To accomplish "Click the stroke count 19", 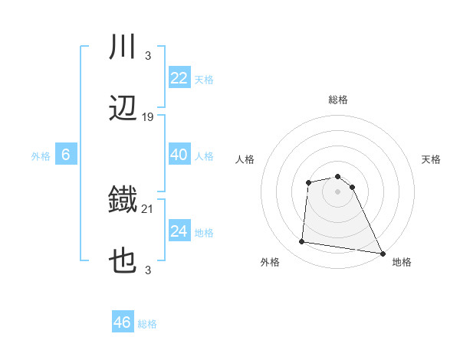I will (x=148, y=117).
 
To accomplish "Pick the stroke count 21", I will (x=148, y=208).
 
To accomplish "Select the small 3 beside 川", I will (x=147, y=55).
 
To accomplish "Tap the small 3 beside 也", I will (x=147, y=270).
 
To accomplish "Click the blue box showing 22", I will (x=179, y=78).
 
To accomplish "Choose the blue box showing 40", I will (x=179, y=155).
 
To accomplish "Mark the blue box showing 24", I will (x=179, y=231).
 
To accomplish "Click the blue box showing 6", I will (x=66, y=155).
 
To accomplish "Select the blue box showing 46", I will (x=123, y=322).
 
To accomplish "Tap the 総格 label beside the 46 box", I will (x=147, y=324).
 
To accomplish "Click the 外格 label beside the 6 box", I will (x=41, y=156).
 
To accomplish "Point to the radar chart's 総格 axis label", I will (x=337, y=100).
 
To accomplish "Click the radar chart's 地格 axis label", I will (x=402, y=262).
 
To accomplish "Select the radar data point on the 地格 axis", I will (x=382, y=254).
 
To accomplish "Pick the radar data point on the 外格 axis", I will (x=302, y=242).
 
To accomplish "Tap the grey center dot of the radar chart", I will (x=337, y=191).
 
